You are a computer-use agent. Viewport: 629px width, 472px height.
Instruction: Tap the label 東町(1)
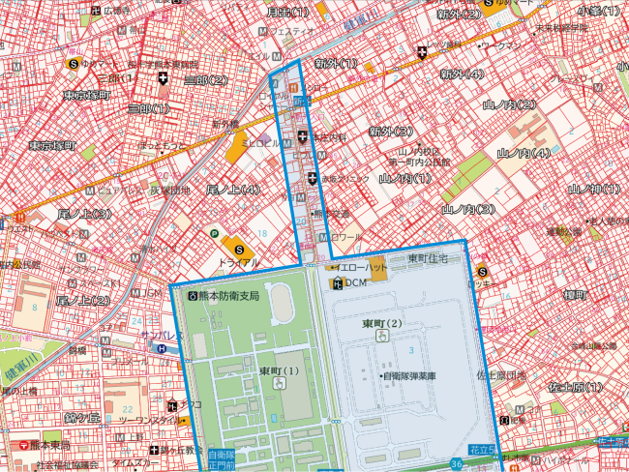tap(279, 370)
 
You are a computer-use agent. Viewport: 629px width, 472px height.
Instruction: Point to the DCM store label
tap(355, 282)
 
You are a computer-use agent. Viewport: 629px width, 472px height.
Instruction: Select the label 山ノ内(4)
tap(524, 154)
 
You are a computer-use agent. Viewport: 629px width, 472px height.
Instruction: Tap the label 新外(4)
tap(461, 74)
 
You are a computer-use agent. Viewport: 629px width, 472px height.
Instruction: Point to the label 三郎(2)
tap(205, 79)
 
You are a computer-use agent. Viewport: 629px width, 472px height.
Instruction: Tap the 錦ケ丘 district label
tap(83, 417)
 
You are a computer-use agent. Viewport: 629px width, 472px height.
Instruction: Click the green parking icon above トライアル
tap(214, 233)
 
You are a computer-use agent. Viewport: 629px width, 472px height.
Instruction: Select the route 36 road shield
tap(455, 464)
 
